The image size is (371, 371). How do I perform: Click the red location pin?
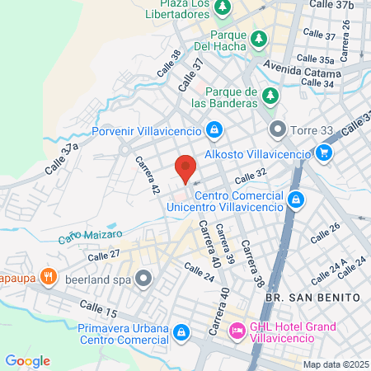coord(185,167)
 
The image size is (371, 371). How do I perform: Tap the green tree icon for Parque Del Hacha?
coord(259,38)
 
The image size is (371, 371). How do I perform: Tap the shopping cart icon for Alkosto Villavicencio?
coord(324,153)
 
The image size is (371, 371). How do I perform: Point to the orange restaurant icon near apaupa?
coord(49,276)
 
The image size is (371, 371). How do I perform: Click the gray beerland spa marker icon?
coord(143,277)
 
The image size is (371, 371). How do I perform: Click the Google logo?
coord(27,360)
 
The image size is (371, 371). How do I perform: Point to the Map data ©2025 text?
coord(336,364)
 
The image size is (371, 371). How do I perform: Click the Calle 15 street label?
coord(99,310)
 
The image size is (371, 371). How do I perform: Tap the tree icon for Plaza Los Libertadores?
coord(223,7)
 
